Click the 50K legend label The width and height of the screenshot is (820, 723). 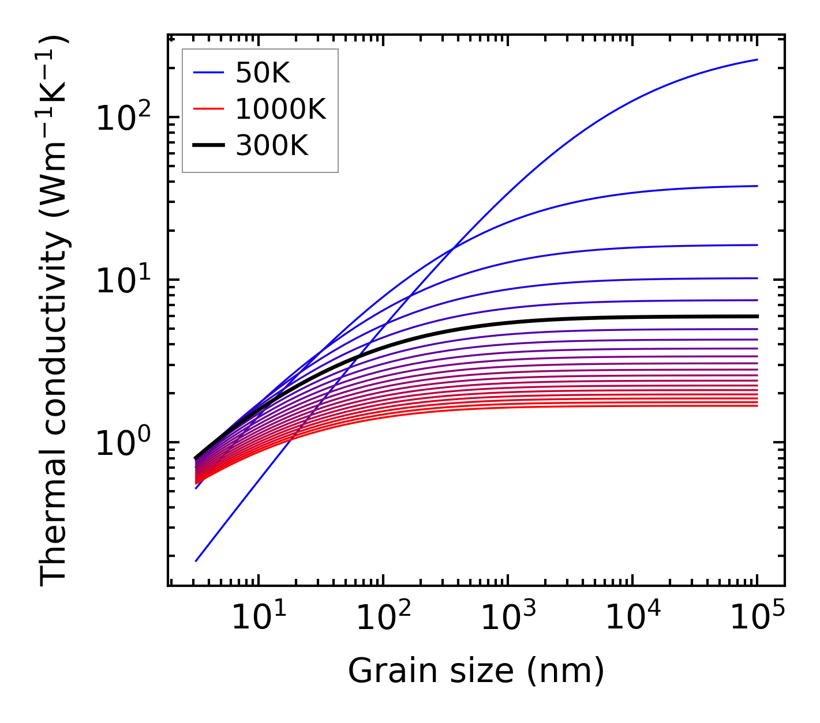(263, 73)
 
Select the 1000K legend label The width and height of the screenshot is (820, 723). (280, 110)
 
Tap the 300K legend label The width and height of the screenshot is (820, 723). (272, 146)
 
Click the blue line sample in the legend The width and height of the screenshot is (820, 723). (208, 73)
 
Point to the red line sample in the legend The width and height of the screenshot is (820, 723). (208, 109)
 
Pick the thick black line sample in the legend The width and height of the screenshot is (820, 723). (208, 146)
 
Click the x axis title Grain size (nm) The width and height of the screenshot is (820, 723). (476, 671)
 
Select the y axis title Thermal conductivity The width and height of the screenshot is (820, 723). (54, 311)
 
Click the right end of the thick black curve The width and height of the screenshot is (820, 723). (757, 317)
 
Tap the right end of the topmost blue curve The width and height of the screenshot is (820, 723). (757, 59)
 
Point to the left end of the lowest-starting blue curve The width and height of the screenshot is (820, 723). (196, 560)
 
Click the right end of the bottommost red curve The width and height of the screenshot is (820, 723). (757, 406)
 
